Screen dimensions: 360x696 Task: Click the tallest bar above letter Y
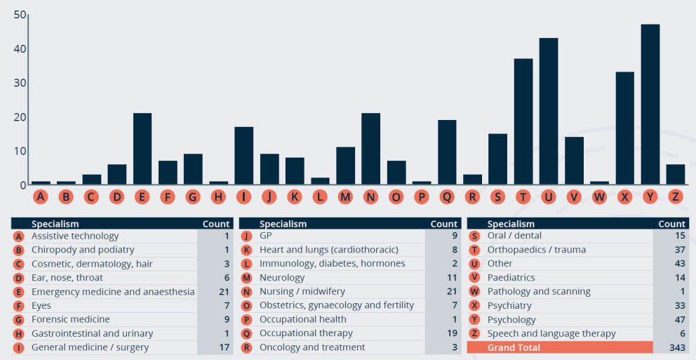coord(650,105)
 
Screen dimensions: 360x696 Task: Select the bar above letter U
coord(548,112)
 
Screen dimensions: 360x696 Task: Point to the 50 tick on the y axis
coord(20,15)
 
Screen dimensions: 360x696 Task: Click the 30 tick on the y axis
coord(20,83)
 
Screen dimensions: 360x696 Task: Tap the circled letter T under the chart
coord(523,197)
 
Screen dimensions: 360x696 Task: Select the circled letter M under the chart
coord(345,197)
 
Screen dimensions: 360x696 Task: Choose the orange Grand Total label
coord(514,347)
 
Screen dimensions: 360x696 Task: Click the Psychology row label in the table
coord(512,319)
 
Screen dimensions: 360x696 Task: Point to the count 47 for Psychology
coord(679,319)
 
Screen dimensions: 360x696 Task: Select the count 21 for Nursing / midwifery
coord(451,291)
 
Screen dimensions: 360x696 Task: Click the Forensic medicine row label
coord(70,319)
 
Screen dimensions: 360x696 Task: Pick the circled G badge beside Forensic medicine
coord(18,320)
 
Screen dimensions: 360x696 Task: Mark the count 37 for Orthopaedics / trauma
coord(679,250)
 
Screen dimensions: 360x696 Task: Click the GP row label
coord(266,236)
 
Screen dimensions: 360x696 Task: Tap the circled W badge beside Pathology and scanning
coord(474,292)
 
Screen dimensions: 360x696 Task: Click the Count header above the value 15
coord(671,224)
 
